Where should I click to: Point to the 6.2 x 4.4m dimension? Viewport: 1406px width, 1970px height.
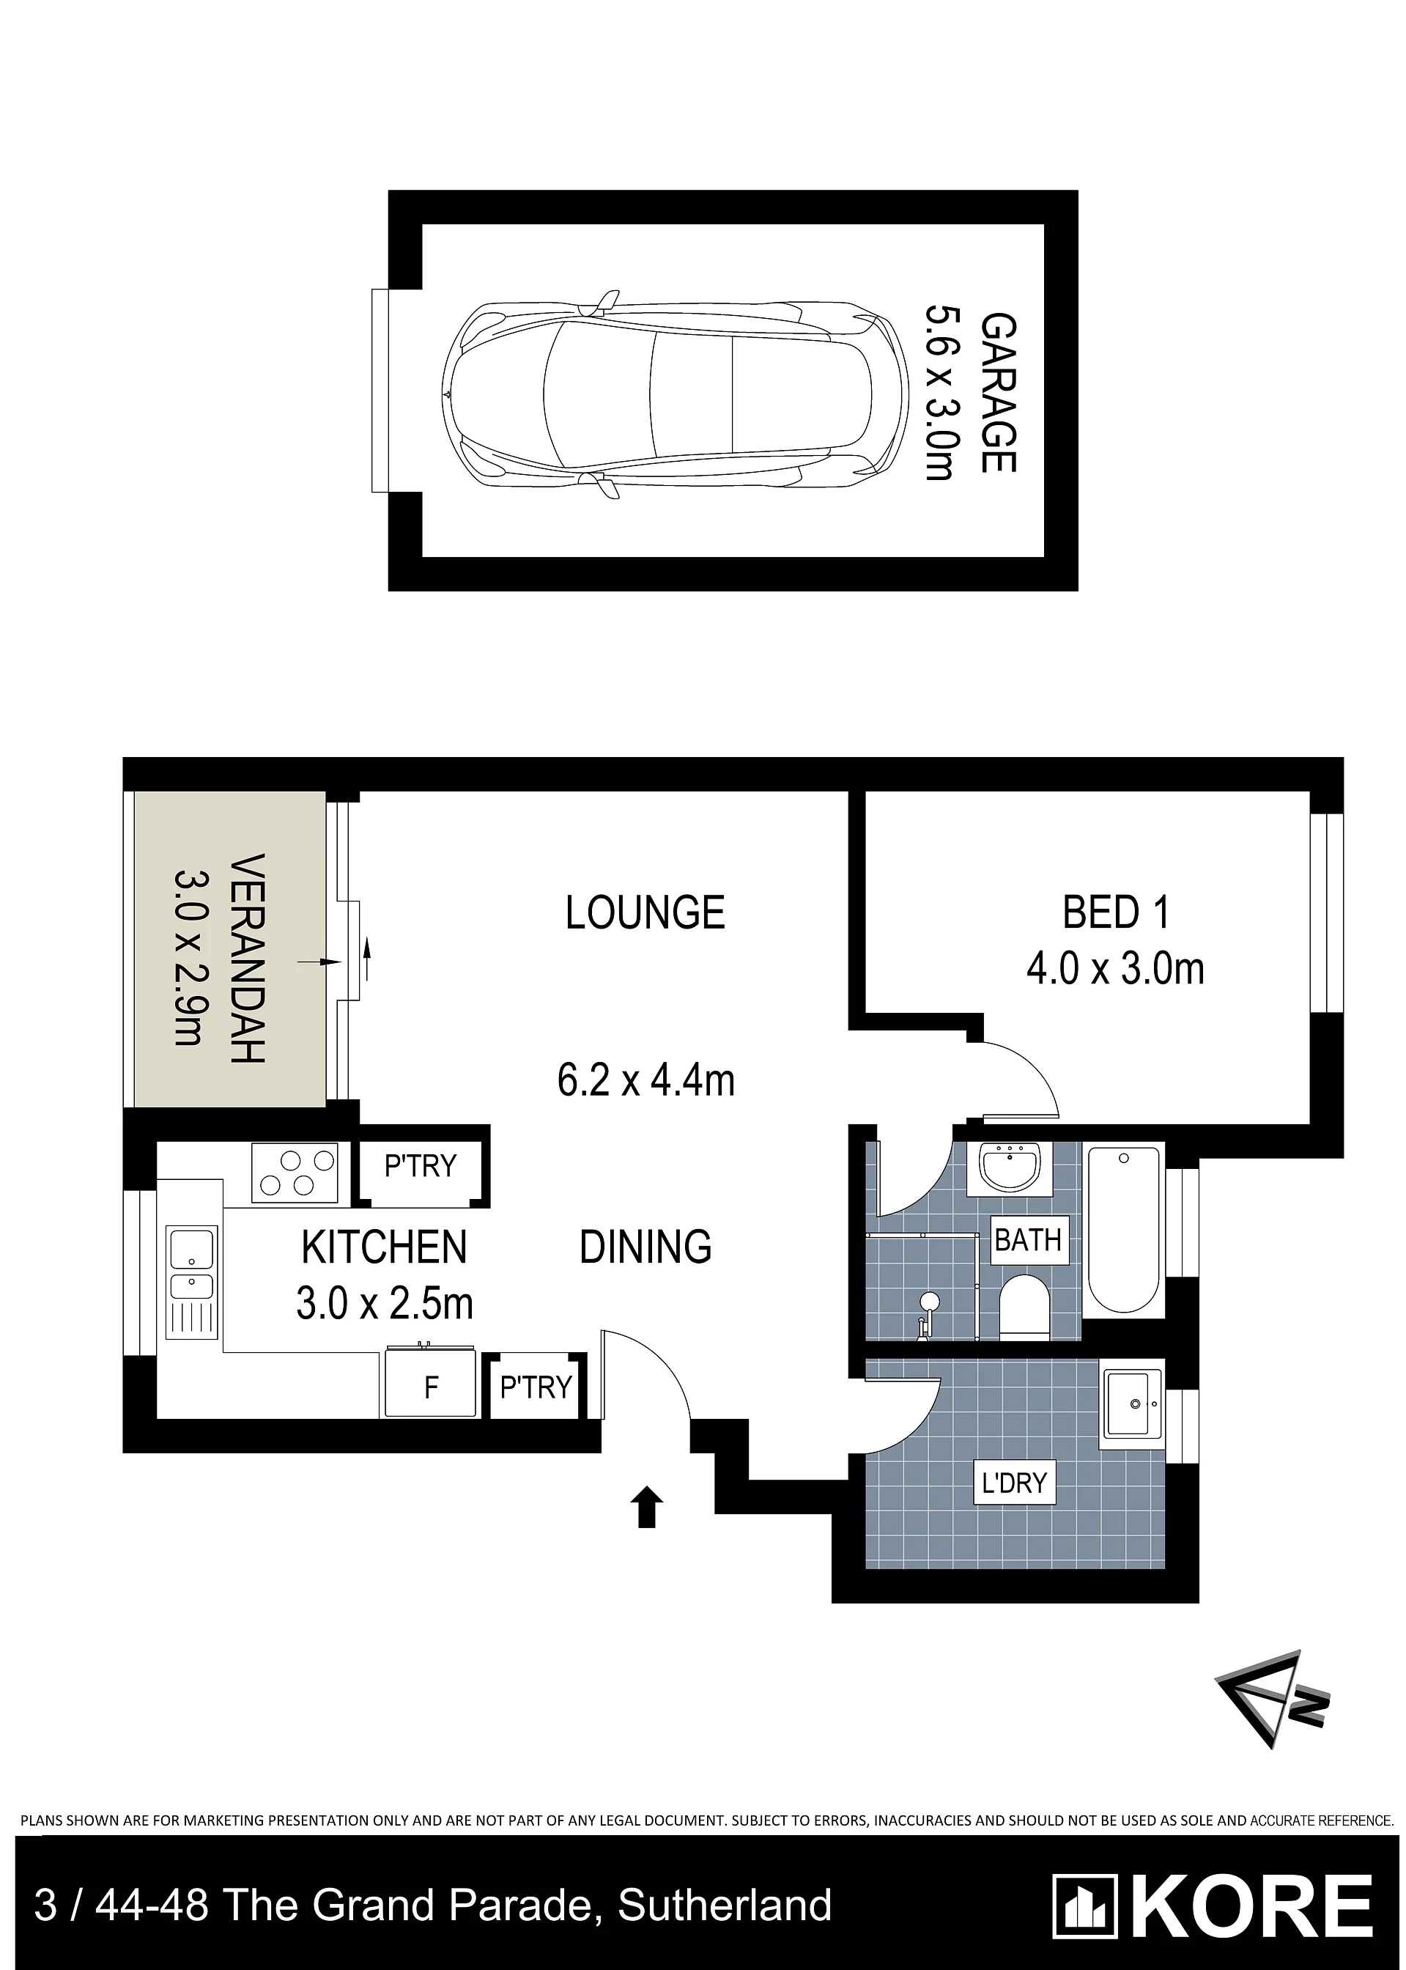[x=646, y=1081]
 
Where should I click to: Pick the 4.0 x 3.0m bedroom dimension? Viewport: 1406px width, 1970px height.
[x=1116, y=968]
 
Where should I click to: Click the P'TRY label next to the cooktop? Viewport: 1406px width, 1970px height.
[x=420, y=1167]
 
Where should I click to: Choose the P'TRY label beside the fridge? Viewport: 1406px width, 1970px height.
[x=536, y=1387]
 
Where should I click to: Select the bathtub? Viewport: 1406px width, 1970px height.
[x=1124, y=1231]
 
